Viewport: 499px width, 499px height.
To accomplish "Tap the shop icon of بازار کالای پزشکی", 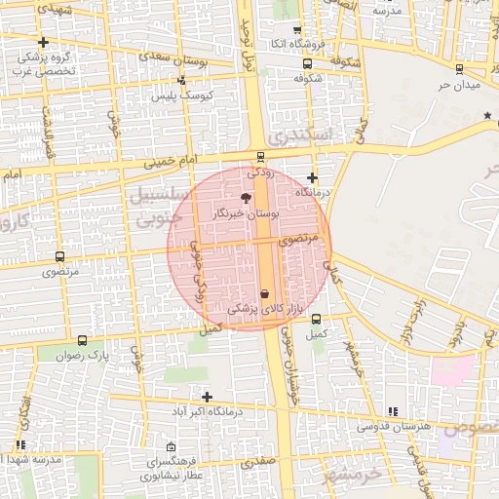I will pos(265,293).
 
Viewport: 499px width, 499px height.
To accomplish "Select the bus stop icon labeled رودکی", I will pos(259,156).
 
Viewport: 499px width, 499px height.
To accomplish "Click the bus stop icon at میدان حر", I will pos(459,68).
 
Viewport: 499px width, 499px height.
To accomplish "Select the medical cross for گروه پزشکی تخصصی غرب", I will pos(44,42).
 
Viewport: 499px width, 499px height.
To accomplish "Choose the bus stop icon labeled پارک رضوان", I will pos(82,341).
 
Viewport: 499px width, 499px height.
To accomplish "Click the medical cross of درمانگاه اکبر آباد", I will pos(207,396).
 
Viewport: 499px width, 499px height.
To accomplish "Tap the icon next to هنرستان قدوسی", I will pos(392,412).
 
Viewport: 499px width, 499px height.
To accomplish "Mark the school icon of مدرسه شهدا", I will pos(20,445).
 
